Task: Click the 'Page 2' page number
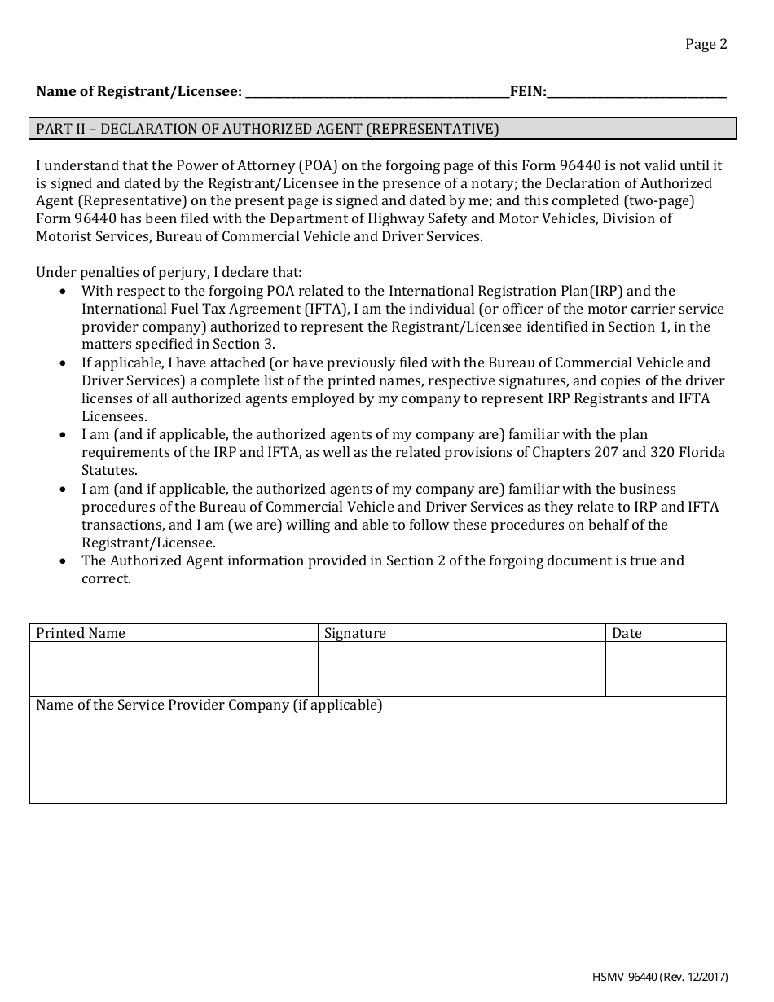(x=706, y=44)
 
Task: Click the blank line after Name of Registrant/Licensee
(x=376, y=93)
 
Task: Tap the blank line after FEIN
(x=636, y=93)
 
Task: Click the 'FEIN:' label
(x=528, y=92)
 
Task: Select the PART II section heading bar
(x=382, y=129)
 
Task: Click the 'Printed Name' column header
(x=81, y=633)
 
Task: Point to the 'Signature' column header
(x=354, y=633)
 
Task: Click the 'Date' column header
(x=627, y=633)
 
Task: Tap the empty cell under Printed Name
(x=174, y=669)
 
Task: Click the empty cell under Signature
(x=461, y=669)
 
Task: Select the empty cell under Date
(x=666, y=669)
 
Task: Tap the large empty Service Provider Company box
(x=377, y=758)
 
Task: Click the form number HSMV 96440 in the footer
(x=624, y=978)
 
